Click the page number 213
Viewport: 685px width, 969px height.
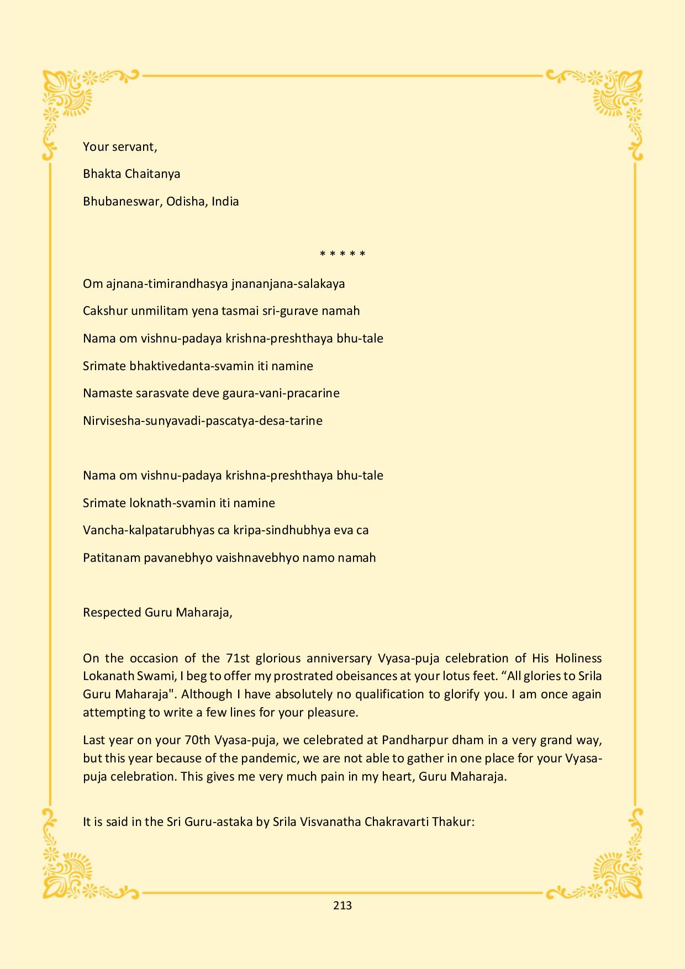pyautogui.click(x=342, y=905)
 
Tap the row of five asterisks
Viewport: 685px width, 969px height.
pyautogui.click(x=342, y=255)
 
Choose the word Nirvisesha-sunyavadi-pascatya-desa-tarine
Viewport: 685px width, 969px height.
pyautogui.click(x=203, y=421)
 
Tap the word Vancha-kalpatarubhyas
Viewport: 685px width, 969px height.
pyautogui.click(x=149, y=530)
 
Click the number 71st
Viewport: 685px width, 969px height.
pyautogui.click(x=238, y=658)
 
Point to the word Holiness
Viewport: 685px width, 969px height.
pyautogui.click(x=578, y=658)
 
